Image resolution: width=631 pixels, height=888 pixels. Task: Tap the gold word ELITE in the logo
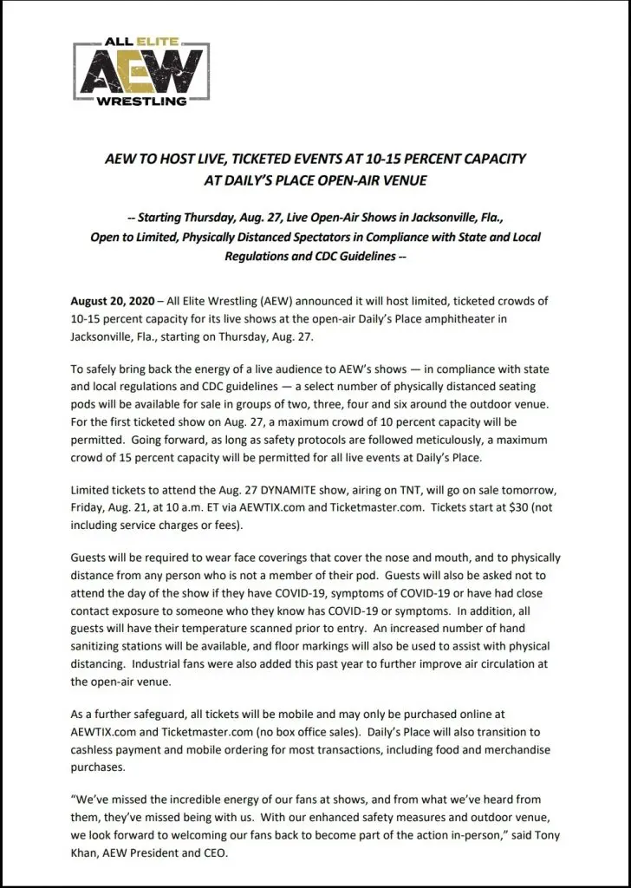pyautogui.click(x=161, y=40)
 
